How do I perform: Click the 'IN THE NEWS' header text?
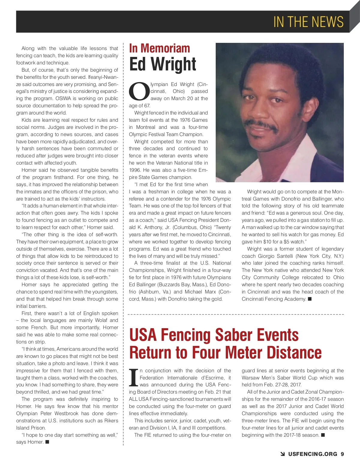coord(308,22)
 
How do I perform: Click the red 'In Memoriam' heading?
coord(159,48)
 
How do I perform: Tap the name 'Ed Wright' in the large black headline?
coord(163,64)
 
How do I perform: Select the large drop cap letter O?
coord(139,91)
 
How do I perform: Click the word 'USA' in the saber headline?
coord(143,335)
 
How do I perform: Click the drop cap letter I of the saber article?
coord(133,378)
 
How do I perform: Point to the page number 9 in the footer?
coord(342,454)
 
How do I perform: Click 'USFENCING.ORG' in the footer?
coord(313,454)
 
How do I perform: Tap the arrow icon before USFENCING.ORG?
coord(283,454)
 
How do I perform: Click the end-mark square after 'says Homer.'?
coord(47,442)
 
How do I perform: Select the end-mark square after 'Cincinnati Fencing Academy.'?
coord(310,299)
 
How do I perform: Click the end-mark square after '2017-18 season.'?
coord(323,435)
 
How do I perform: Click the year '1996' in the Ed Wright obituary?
coord(135,170)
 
